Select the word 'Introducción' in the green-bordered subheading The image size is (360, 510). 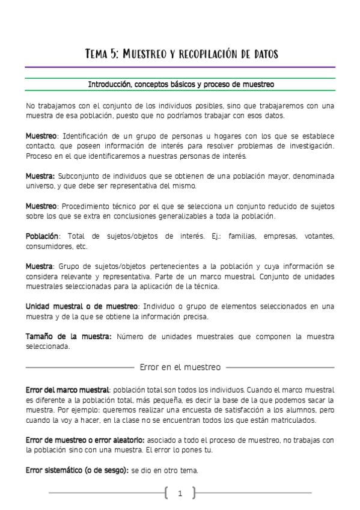[x=111, y=85]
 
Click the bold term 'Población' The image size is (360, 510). [x=42, y=236]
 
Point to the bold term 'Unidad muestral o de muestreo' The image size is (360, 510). [x=82, y=306]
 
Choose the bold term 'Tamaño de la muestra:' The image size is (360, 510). [x=69, y=336]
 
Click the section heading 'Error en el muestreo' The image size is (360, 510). [x=180, y=366]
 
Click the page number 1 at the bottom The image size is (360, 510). [x=180, y=494]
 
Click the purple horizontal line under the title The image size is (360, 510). [x=180, y=67]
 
